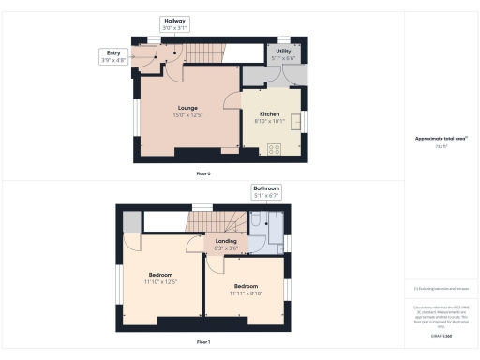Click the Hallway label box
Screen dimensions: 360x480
click(175, 23)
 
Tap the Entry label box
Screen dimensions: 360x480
click(112, 57)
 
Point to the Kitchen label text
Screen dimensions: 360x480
click(271, 114)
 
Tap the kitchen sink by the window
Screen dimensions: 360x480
click(296, 123)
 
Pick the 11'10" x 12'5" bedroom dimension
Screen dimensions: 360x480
click(160, 281)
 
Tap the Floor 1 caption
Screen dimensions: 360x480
click(202, 343)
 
